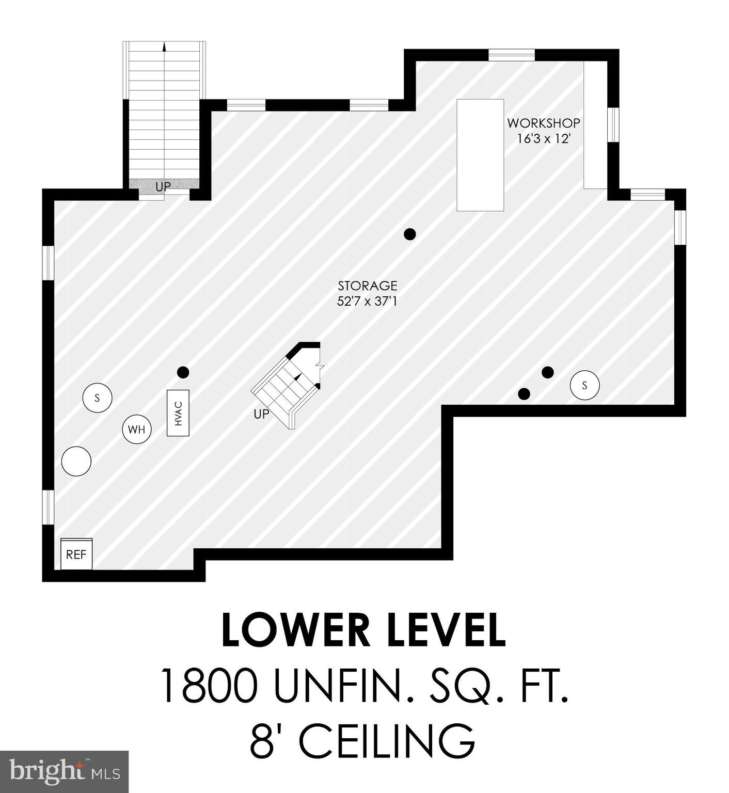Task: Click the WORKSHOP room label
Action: [543, 123]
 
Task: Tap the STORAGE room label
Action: [367, 286]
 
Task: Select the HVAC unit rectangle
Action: [178, 413]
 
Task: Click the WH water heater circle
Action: [137, 429]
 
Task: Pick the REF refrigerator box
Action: [76, 554]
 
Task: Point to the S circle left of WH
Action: [97, 398]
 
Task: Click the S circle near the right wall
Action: [584, 385]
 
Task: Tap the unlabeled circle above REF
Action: [76, 461]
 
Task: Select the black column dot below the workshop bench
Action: [409, 234]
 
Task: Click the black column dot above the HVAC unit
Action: [183, 372]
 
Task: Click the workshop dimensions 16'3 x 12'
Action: [543, 138]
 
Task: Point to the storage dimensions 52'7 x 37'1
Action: [367, 301]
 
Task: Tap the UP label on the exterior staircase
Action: [163, 186]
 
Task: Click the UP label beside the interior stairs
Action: [261, 414]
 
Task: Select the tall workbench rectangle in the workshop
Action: [480, 155]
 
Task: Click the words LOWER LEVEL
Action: [363, 630]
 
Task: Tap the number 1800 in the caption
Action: [210, 686]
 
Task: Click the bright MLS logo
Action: [64, 772]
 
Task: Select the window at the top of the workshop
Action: [511, 55]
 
